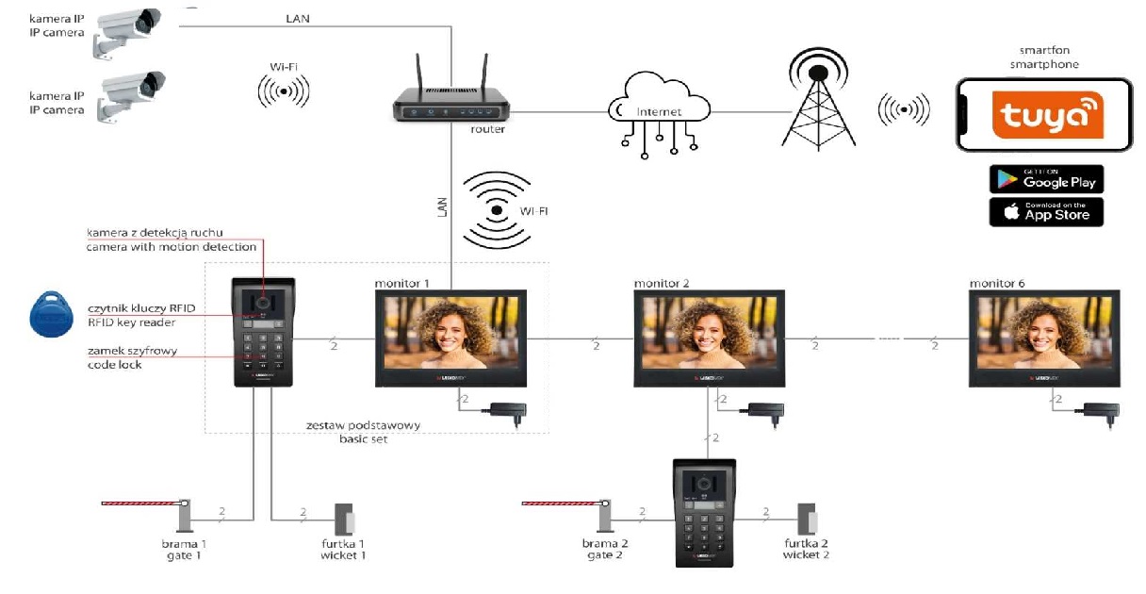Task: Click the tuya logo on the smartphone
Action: [1045, 116]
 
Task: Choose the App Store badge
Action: [1046, 211]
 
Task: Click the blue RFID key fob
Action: [51, 313]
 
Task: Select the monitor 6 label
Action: [997, 283]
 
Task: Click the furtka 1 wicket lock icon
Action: [344, 519]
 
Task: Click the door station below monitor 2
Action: [703, 513]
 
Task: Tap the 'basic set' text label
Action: [363, 438]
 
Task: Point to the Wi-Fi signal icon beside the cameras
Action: [283, 91]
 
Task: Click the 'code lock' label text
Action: [115, 364]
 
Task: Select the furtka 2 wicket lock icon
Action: [807, 519]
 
